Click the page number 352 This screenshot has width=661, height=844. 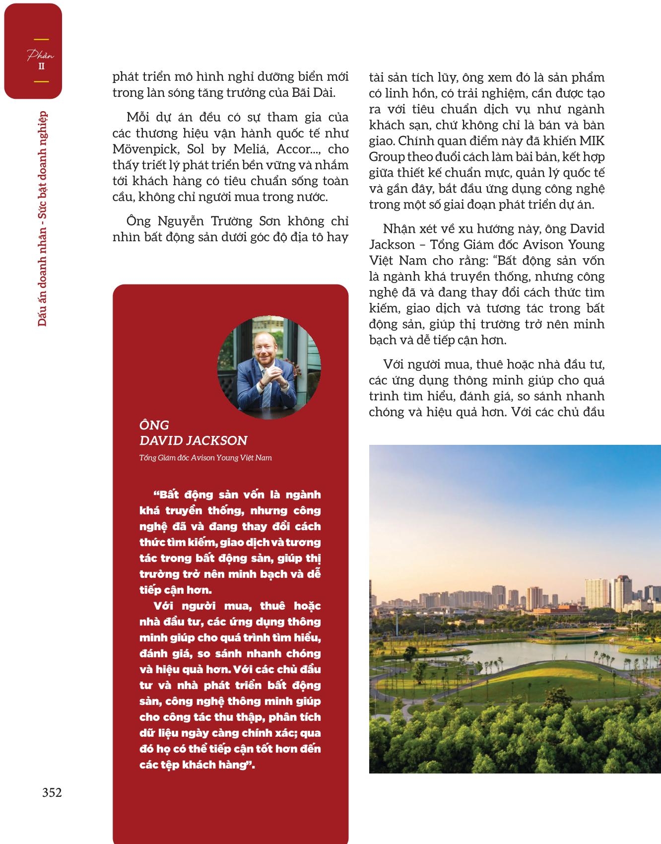click(52, 792)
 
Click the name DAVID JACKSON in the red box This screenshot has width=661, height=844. click(194, 440)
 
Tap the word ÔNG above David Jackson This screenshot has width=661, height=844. click(154, 425)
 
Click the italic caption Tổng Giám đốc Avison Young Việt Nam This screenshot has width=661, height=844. click(205, 458)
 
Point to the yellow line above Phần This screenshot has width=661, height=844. click(41, 39)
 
